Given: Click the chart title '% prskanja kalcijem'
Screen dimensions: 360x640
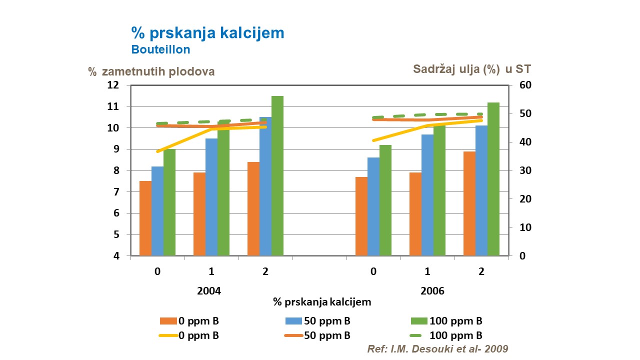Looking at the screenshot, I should [x=207, y=33].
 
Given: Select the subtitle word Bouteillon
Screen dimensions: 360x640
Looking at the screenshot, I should [x=160, y=50].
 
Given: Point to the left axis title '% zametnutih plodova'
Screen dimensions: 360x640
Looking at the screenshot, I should [x=151, y=71].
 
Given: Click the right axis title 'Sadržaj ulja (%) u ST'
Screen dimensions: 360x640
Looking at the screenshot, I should [x=478, y=69].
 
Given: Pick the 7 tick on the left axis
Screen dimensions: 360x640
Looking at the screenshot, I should [x=116, y=192].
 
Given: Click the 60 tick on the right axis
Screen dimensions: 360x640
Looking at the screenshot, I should [x=525, y=85].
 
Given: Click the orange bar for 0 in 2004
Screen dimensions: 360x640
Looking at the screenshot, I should [x=145, y=218].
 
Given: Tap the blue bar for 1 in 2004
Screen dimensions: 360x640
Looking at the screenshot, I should [x=211, y=197].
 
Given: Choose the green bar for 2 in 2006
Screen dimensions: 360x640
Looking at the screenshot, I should [x=493, y=179].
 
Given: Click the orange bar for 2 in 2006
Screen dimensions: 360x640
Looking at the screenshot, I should [x=469, y=203].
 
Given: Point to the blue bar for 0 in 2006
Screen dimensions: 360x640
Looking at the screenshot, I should [x=373, y=206].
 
